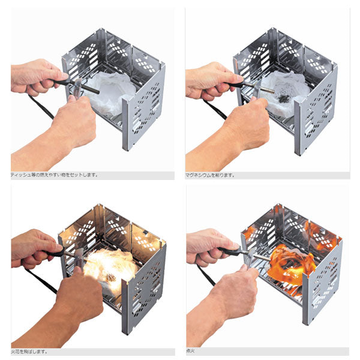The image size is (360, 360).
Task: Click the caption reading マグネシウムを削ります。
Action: [210, 175]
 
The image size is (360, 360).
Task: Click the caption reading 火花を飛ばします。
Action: [29, 351]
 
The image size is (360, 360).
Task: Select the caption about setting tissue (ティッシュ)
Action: [55, 175]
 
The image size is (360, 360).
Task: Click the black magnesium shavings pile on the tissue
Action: [283, 98]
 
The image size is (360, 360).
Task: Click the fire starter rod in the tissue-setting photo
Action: [90, 89]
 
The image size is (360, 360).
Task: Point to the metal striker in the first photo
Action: [77, 88]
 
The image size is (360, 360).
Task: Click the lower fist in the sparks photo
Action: [76, 303]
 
